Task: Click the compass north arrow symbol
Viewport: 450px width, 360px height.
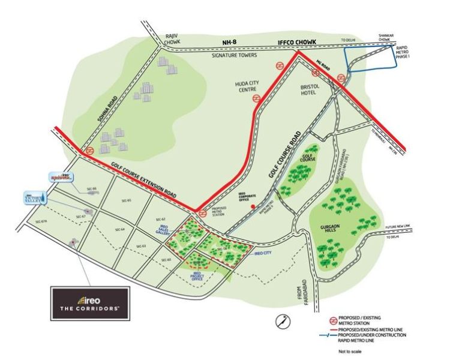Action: coord(280,321)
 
